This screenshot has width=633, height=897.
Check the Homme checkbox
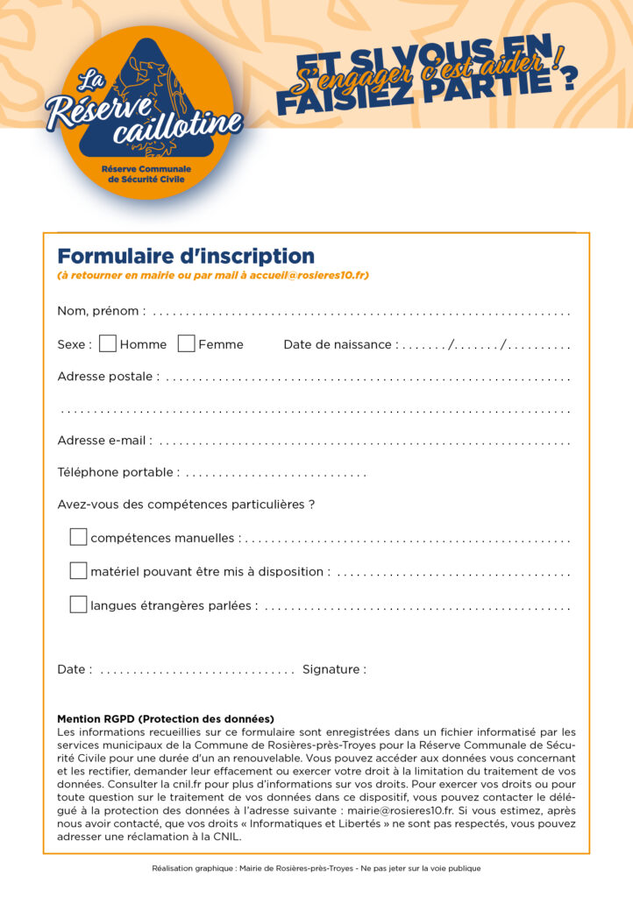coord(108,343)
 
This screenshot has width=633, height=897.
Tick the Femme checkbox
coord(186,343)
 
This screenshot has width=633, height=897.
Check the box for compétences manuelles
coord(78,537)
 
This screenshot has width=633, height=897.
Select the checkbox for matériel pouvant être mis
coord(78,570)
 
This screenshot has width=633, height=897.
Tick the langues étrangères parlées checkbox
coord(78,604)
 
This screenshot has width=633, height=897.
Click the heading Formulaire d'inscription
coord(186,256)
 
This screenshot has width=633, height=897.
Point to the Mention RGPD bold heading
coord(166,718)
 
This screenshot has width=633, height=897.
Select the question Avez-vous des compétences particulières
coord(186,505)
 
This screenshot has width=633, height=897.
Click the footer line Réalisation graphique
coord(316,868)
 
